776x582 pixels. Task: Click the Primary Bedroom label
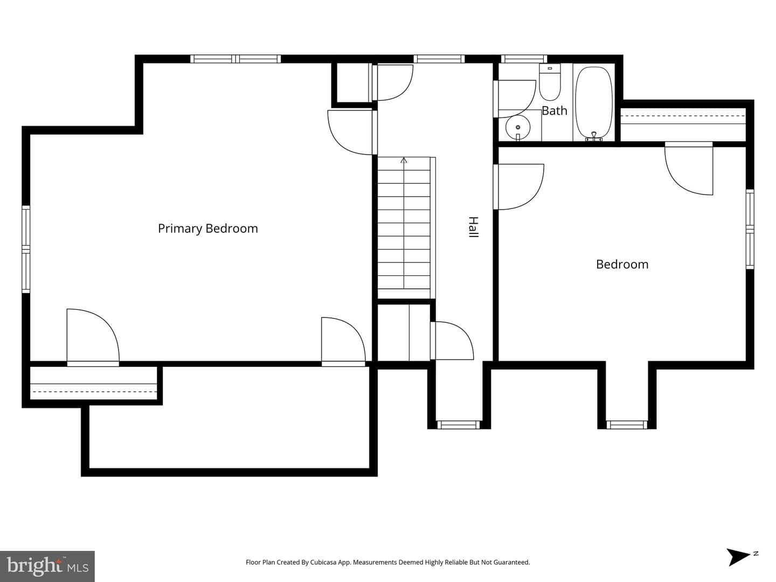pyautogui.click(x=208, y=228)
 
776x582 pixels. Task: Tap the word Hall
pyautogui.click(x=473, y=227)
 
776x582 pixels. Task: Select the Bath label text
pyautogui.click(x=555, y=110)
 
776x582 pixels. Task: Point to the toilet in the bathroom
pyautogui.click(x=550, y=82)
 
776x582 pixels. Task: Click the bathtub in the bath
pyautogui.click(x=594, y=103)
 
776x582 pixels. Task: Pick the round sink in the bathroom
pyautogui.click(x=518, y=127)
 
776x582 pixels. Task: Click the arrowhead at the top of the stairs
pyautogui.click(x=404, y=161)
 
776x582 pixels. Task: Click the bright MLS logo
pyautogui.click(x=47, y=566)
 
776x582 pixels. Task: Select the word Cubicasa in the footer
pyautogui.click(x=323, y=562)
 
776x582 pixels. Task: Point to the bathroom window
pyautogui.click(x=524, y=59)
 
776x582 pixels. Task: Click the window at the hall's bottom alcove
pyautogui.click(x=459, y=425)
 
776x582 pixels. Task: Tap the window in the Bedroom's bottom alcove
pyautogui.click(x=627, y=425)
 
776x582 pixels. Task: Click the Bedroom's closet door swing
pyautogui.click(x=689, y=169)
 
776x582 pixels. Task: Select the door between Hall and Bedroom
pyautogui.click(x=518, y=187)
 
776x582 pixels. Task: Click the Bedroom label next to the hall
pyautogui.click(x=622, y=264)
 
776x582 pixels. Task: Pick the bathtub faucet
pyautogui.click(x=594, y=136)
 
